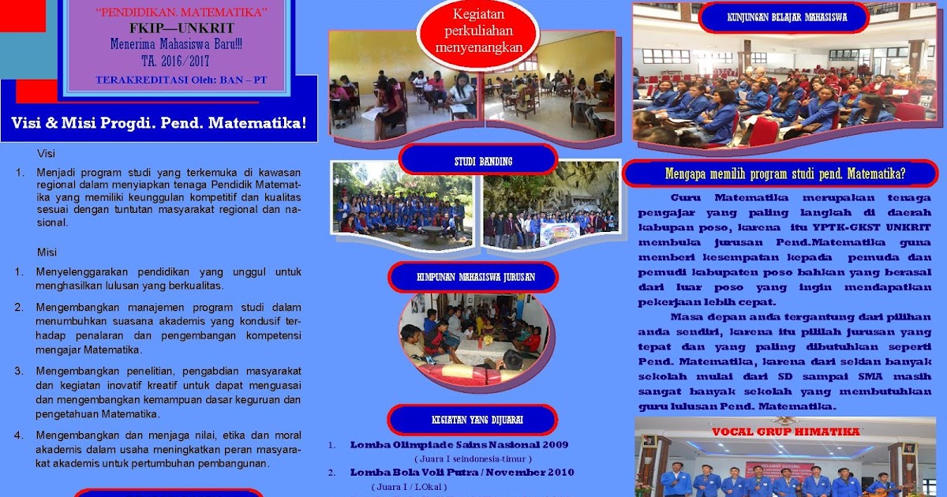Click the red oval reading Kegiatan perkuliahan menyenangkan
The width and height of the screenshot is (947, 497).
[x=479, y=31]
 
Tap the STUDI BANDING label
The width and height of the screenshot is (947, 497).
[x=473, y=161]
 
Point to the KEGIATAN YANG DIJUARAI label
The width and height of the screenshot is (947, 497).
[x=472, y=420]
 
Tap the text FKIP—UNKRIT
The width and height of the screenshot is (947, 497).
[x=181, y=28]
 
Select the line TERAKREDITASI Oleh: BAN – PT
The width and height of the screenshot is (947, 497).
[x=181, y=80]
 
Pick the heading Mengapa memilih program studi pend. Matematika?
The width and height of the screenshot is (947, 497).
[x=781, y=174]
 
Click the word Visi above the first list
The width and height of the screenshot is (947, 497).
[x=47, y=153]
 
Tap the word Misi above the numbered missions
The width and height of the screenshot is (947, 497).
[x=47, y=252]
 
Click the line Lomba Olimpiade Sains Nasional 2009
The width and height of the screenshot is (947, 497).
[x=459, y=444]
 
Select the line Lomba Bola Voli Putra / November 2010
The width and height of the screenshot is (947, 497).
[x=462, y=472]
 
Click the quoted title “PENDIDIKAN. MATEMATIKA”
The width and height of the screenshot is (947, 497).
[x=182, y=11]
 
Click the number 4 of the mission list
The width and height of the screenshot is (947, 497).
[x=18, y=435]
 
